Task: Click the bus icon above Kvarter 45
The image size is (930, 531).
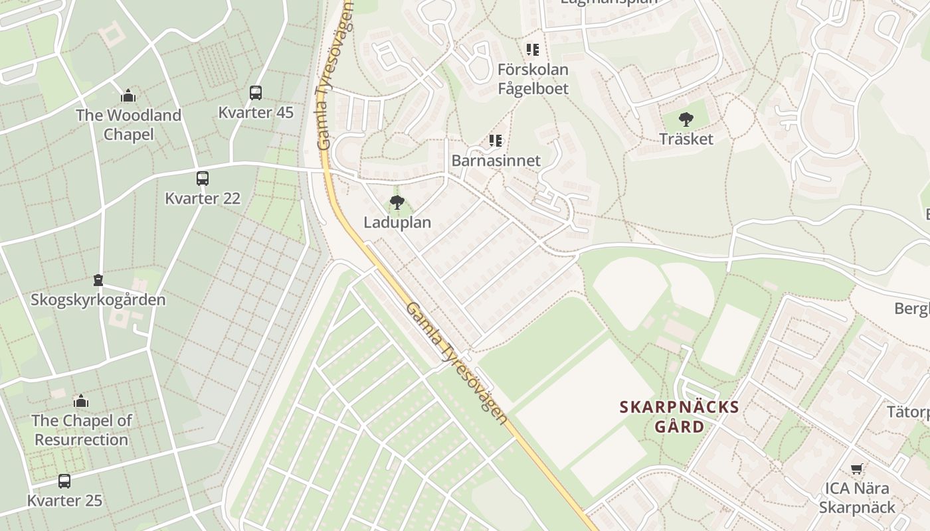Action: point(256,93)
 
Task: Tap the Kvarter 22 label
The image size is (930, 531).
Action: point(203,198)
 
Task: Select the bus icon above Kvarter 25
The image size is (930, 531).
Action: point(64,481)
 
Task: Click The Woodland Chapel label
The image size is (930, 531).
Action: point(128,125)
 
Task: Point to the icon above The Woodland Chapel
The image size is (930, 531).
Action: point(128,96)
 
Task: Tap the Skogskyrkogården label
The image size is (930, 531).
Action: point(98,300)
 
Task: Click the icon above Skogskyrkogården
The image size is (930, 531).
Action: point(98,280)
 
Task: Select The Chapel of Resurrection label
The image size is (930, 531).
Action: point(81,430)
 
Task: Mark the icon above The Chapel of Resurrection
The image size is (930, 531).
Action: point(81,401)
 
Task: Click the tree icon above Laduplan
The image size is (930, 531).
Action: point(397,202)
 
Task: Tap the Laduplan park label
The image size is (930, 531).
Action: point(397,223)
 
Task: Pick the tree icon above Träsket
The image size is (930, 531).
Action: point(686,119)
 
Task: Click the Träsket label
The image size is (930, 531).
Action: point(686,139)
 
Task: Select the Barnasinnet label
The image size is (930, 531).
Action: point(496,161)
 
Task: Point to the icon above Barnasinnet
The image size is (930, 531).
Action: point(496,141)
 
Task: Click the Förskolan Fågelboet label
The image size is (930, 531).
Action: point(533,79)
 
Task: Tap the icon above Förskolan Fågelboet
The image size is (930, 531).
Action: point(533,50)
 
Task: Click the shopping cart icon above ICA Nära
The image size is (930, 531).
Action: point(857,469)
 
